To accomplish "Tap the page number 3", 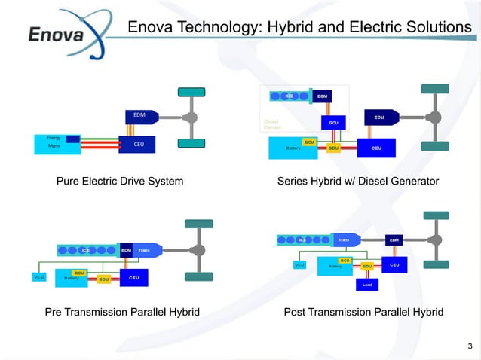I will click(470, 346).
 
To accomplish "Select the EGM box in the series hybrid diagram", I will click(321, 96).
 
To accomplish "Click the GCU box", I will click(332, 122).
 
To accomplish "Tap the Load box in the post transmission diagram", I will click(366, 285).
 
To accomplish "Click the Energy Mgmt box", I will click(54, 142).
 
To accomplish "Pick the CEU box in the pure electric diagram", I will click(137, 144).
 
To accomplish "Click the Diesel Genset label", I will click(272, 124).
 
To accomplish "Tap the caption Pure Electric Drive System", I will click(120, 182).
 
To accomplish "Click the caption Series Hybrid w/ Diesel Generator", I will click(357, 182).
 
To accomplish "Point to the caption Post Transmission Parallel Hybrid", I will click(363, 312).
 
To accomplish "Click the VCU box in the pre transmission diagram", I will click(39, 277).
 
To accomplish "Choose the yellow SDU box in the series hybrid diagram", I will click(332, 148).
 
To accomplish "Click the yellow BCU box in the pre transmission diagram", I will click(78, 272).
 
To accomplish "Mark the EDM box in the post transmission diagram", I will click(393, 239).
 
